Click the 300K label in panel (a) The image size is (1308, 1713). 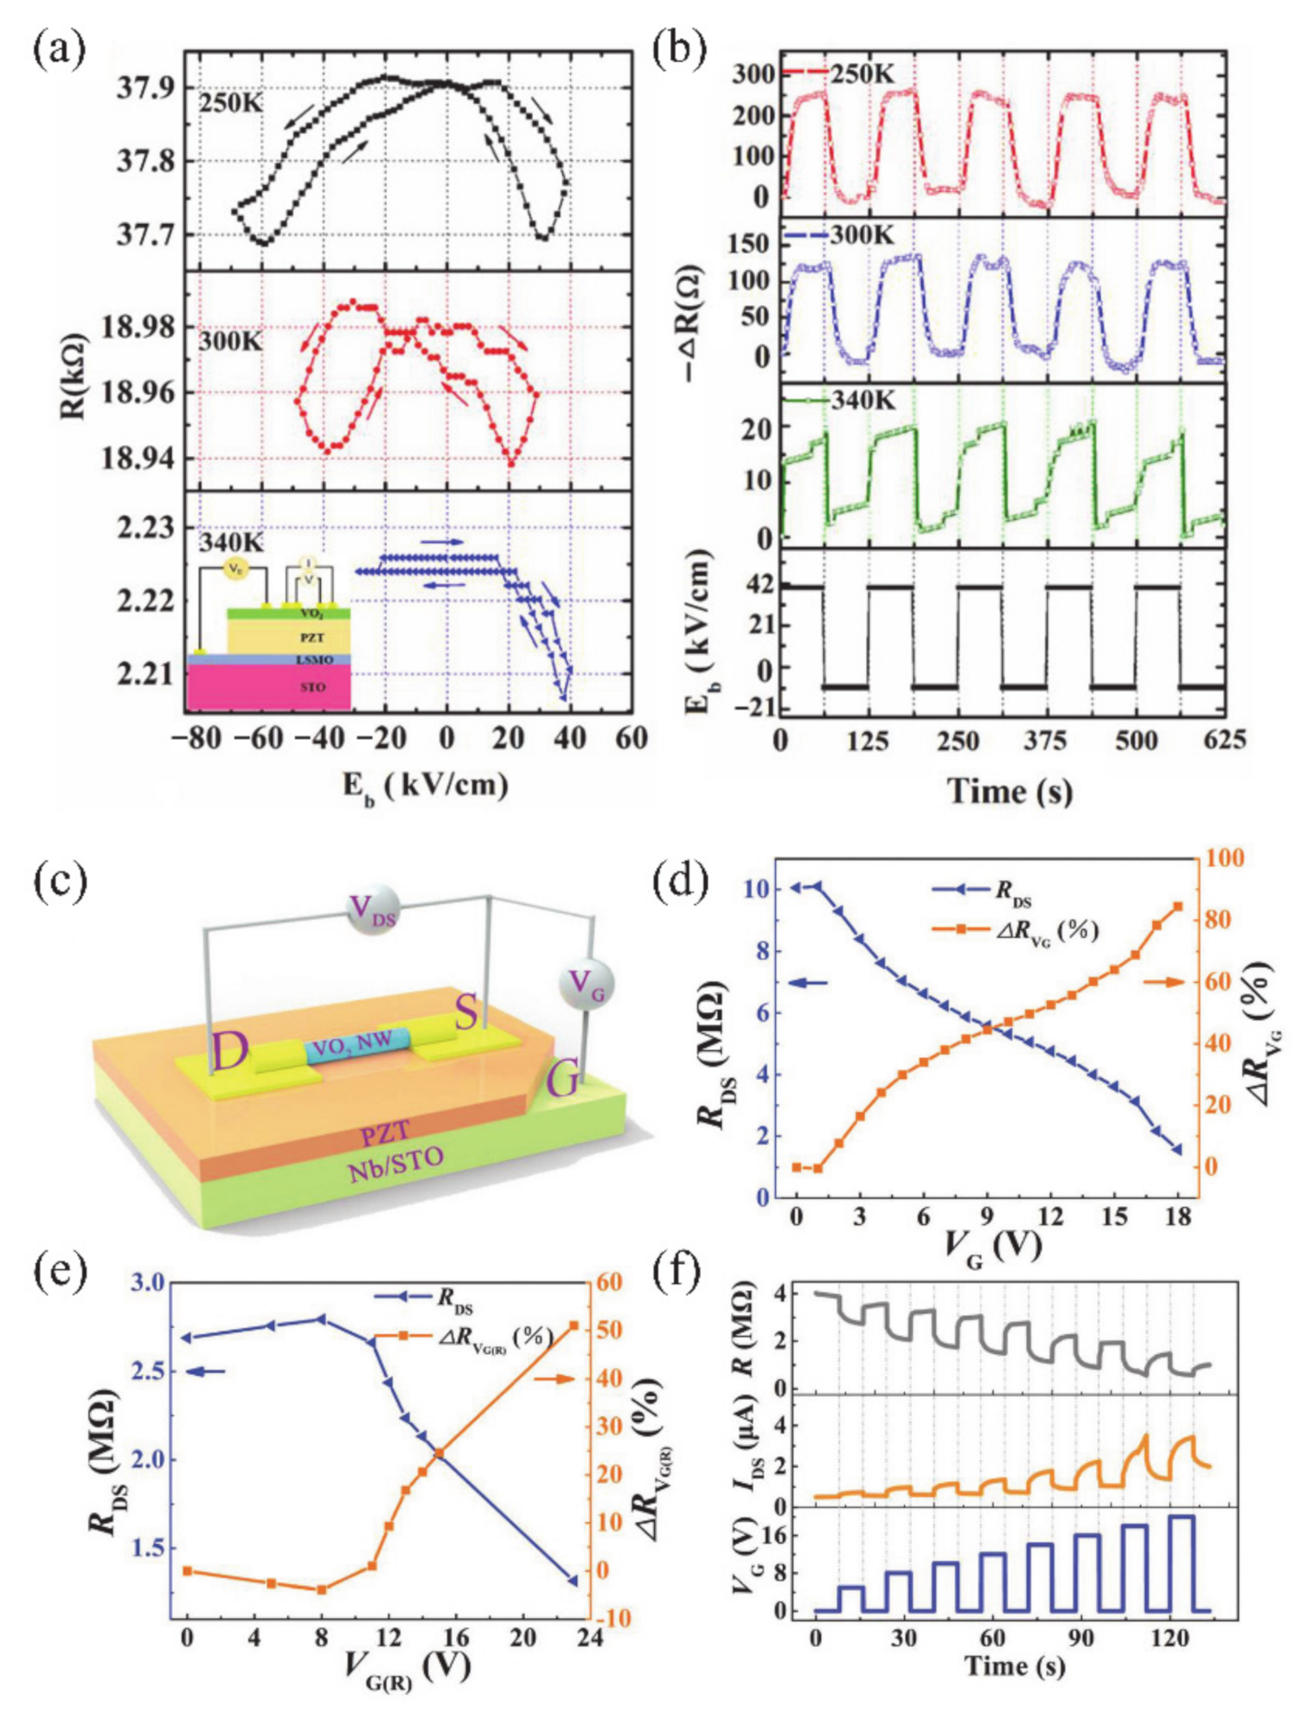coord(230,340)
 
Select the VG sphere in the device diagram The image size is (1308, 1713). coord(586,985)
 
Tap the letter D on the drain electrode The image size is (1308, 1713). coord(229,1052)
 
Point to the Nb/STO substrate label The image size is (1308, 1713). coord(395,1164)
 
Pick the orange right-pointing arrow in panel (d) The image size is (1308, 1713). coord(1163,982)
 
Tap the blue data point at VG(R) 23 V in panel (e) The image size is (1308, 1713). coord(572,1581)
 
